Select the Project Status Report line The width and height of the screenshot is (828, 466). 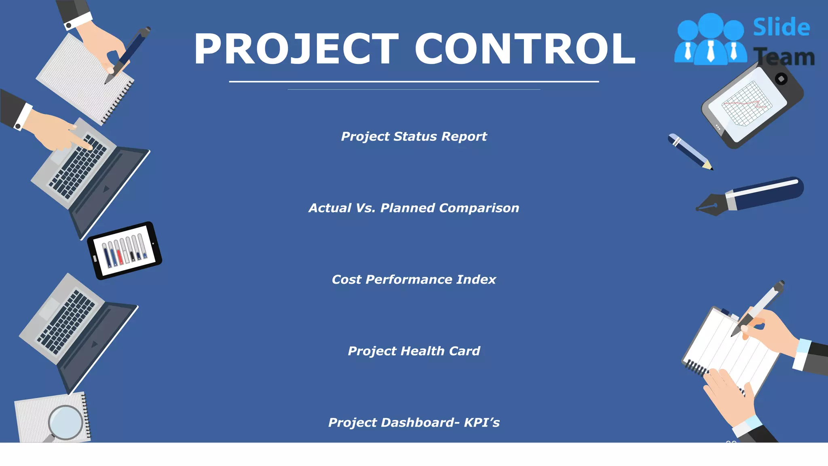pyautogui.click(x=414, y=137)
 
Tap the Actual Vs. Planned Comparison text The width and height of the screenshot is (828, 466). pyautogui.click(x=414, y=208)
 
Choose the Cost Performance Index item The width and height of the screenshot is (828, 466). pyautogui.click(x=414, y=280)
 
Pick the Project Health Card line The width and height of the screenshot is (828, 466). pyautogui.click(x=414, y=351)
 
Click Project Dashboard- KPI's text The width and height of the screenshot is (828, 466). pyautogui.click(x=414, y=423)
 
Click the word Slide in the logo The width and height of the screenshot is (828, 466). pyautogui.click(x=781, y=28)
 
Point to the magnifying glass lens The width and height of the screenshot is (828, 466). pyautogui.click(x=65, y=422)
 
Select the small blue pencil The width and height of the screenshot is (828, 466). pyautogui.click(x=690, y=152)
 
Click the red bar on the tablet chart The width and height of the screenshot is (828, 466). pyautogui.click(x=120, y=257)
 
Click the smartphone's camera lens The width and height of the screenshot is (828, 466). pyautogui.click(x=781, y=79)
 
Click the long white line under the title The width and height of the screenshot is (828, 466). pyautogui.click(x=414, y=82)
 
